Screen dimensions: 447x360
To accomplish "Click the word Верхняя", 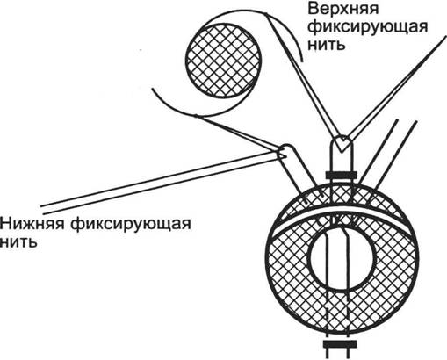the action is click(343, 9).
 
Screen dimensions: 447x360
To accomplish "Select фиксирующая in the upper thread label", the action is click(368, 27).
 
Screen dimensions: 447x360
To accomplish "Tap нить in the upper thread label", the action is click(327, 45).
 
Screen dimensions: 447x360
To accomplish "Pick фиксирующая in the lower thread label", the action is click(131, 225).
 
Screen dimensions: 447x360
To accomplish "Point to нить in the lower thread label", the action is click(18, 242).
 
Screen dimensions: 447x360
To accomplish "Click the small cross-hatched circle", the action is click(223, 61).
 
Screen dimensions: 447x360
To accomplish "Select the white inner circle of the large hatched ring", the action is click(342, 259).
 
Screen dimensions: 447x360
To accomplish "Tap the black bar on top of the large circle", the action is click(341, 176).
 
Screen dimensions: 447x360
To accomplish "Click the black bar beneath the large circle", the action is click(340, 344).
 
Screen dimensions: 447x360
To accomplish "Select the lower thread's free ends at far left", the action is click(42, 210).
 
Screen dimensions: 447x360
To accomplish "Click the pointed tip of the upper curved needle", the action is click(302, 61).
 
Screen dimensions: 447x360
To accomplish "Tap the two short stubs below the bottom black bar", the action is click(340, 354).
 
